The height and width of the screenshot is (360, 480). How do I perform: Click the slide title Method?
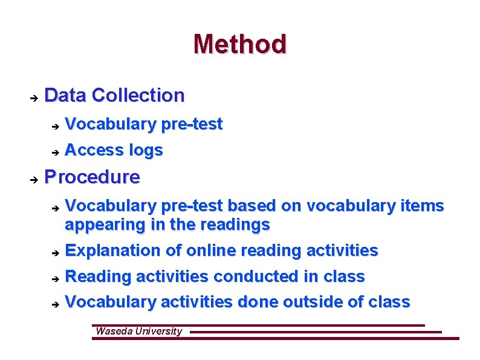click(240, 44)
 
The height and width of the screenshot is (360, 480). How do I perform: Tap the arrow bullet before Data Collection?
click(34, 97)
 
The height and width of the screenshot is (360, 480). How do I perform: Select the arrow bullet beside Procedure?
click(34, 179)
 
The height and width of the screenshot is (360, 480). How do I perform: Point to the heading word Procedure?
click(92, 177)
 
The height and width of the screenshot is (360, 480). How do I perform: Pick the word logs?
click(146, 151)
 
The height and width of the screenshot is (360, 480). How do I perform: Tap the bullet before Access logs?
click(54, 151)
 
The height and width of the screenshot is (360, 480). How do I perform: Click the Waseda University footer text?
click(138, 331)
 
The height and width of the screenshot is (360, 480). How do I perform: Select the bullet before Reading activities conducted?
click(54, 278)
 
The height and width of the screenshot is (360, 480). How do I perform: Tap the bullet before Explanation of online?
click(54, 252)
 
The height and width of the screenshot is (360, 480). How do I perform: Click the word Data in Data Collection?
click(66, 95)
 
